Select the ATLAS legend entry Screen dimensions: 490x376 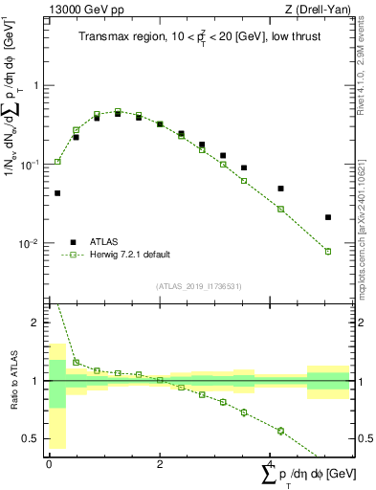pyautogui.click(x=112, y=241)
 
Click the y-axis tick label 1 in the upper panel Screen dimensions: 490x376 pyautogui.click(x=38, y=85)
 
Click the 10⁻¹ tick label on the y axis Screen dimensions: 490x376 pyautogui.click(x=32, y=164)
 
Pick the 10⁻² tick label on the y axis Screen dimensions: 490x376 pyautogui.click(x=32, y=243)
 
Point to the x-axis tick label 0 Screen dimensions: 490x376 pyautogui.click(x=49, y=464)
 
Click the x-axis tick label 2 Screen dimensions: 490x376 pyautogui.click(x=160, y=464)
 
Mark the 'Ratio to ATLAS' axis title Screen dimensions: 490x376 pyautogui.click(x=12, y=381)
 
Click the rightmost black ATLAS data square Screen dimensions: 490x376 pyautogui.click(x=328, y=217)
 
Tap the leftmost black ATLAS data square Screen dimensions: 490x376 pyautogui.click(x=57, y=193)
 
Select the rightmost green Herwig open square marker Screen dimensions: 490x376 pyautogui.click(x=328, y=252)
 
